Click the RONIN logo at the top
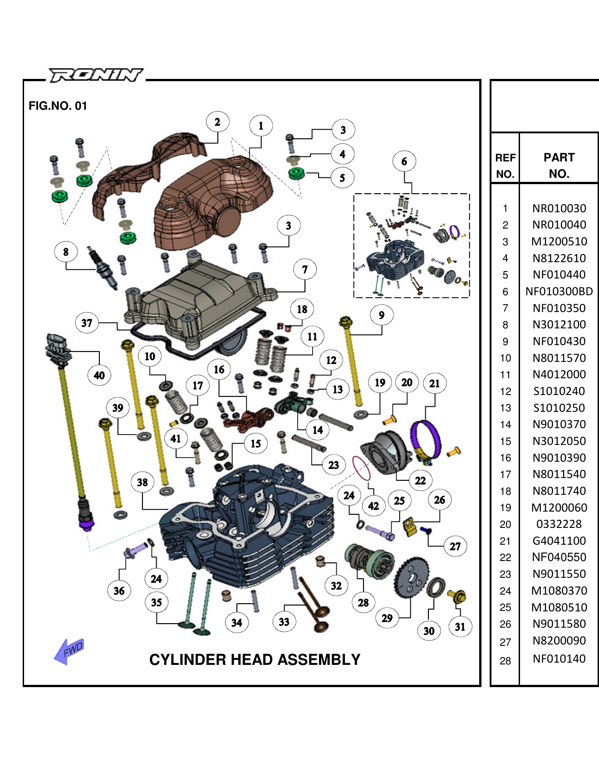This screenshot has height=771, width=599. pos(96,75)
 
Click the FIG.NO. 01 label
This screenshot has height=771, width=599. pos(58,106)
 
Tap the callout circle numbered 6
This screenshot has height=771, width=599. pos(404,161)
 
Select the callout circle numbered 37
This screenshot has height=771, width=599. pos(87,323)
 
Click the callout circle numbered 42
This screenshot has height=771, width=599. pos(373,506)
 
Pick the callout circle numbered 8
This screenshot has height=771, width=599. pos(66,252)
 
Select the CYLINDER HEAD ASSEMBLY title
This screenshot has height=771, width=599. pos(255,659)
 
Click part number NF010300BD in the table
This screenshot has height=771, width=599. pos(559,291)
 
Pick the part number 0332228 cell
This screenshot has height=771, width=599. pos(559,524)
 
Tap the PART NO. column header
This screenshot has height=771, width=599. pos(559,166)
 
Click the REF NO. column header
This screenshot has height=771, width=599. pos(505,166)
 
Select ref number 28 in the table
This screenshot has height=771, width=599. pos(505,661)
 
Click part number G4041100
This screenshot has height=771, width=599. pos(559,541)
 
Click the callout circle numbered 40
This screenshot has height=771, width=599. pos(99,375)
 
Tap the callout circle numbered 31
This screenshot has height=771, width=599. pos(460,627)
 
